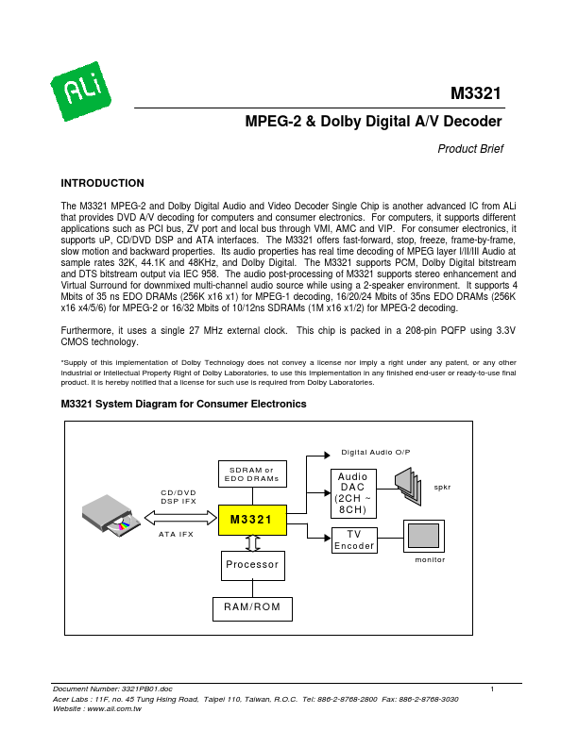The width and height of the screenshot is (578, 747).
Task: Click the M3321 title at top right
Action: click(x=475, y=94)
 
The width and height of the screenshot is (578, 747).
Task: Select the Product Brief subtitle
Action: click(x=470, y=148)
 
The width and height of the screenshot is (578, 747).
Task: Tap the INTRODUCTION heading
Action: click(x=102, y=183)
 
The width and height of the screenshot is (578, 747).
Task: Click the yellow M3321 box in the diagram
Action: click(x=251, y=520)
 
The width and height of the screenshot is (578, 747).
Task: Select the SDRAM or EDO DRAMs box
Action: click(x=251, y=474)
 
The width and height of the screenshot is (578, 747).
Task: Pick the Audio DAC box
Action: click(x=353, y=493)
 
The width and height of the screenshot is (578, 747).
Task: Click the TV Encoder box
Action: click(x=353, y=539)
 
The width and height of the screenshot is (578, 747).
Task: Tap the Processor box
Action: click(x=251, y=565)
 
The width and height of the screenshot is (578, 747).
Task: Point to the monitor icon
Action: click(x=424, y=536)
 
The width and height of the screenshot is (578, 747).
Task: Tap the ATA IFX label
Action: click(x=178, y=534)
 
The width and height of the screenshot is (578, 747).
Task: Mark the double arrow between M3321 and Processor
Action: click(x=251, y=543)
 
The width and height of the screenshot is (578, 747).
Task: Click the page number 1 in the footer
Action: click(x=493, y=690)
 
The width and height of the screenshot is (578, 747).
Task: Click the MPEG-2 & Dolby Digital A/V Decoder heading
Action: click(x=373, y=122)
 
